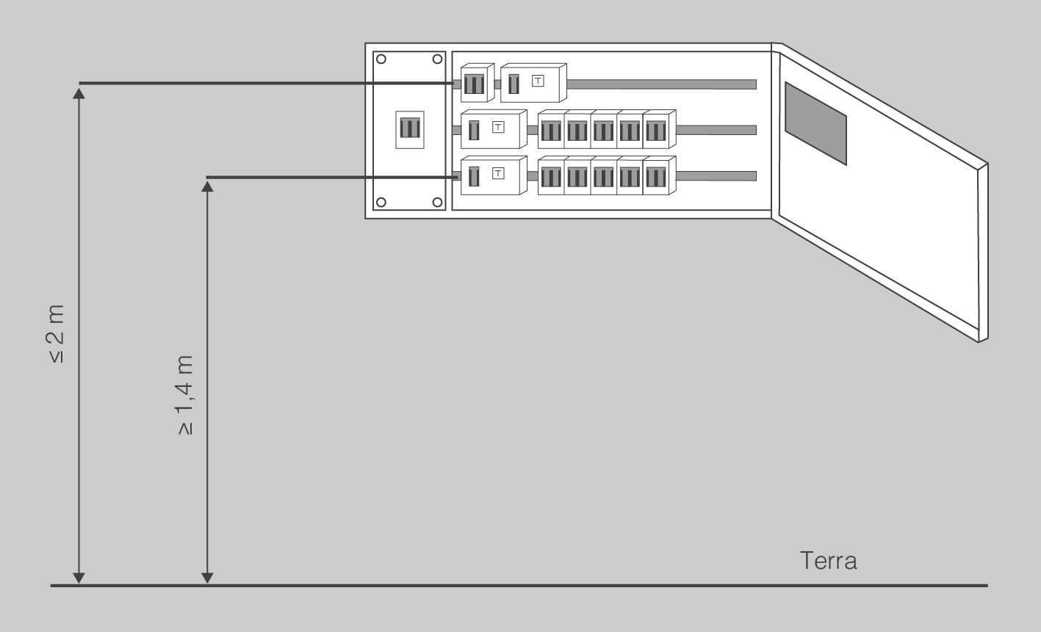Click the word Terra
(828, 562)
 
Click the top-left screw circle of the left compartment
(382, 59)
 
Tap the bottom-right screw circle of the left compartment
(437, 202)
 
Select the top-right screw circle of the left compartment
(437, 59)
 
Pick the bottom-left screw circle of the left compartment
(382, 202)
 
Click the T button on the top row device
(538, 80)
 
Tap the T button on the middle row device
(498, 127)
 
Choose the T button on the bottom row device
(498, 173)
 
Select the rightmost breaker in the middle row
(655, 131)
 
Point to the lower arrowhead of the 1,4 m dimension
(207, 578)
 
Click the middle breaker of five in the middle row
(603, 131)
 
